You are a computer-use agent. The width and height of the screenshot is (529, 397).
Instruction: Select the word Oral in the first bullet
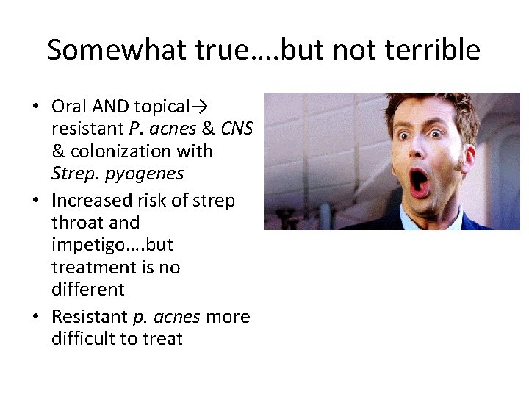[x=68, y=107]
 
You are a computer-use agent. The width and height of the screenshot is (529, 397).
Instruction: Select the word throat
[x=74, y=222]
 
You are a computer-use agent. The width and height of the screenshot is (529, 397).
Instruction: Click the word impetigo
[x=85, y=244]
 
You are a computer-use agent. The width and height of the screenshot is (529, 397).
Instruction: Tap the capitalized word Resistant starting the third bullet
[x=89, y=316]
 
